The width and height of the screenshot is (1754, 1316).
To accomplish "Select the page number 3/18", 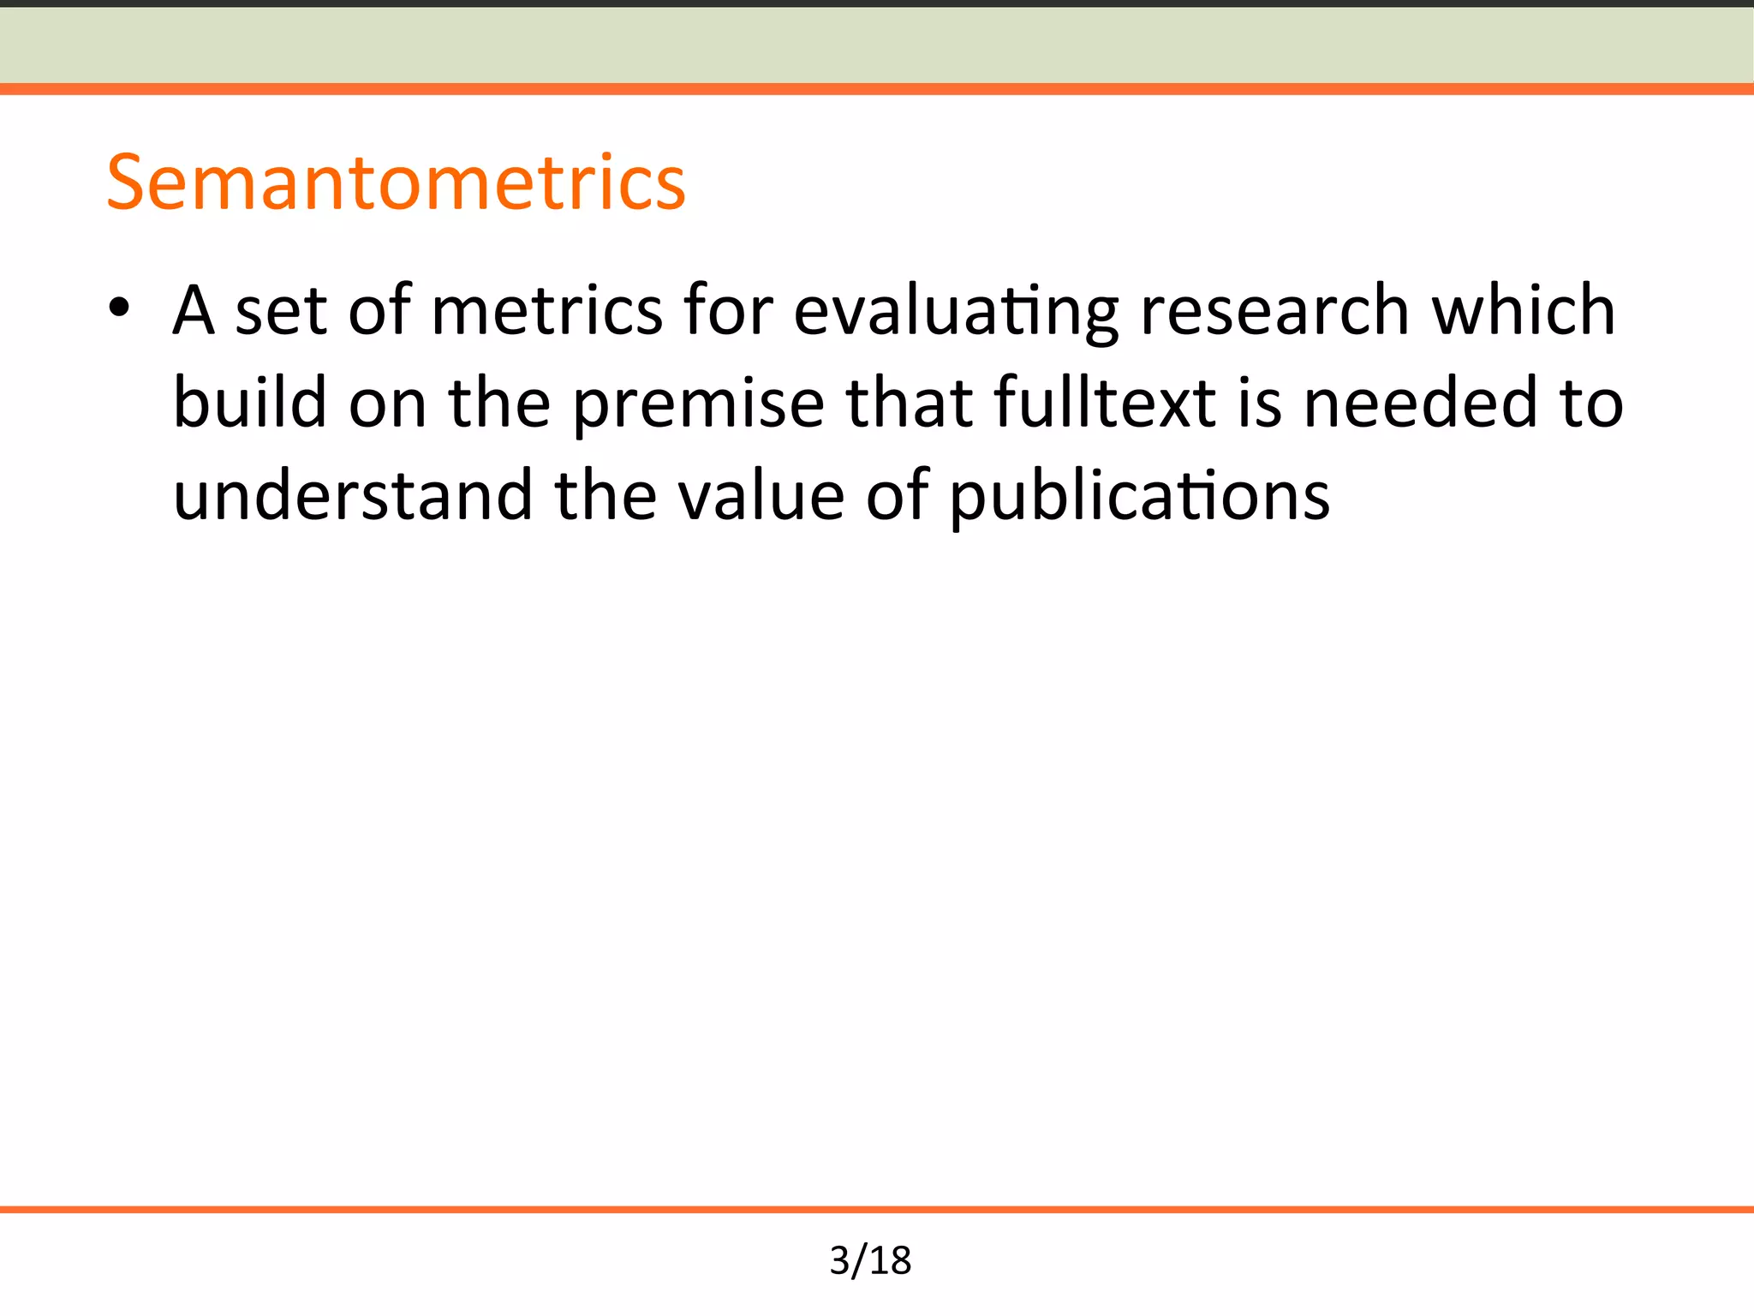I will coord(870,1260).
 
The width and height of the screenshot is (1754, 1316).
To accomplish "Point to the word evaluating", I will coord(956,311).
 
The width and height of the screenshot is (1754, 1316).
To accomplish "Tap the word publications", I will coord(1140,497).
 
